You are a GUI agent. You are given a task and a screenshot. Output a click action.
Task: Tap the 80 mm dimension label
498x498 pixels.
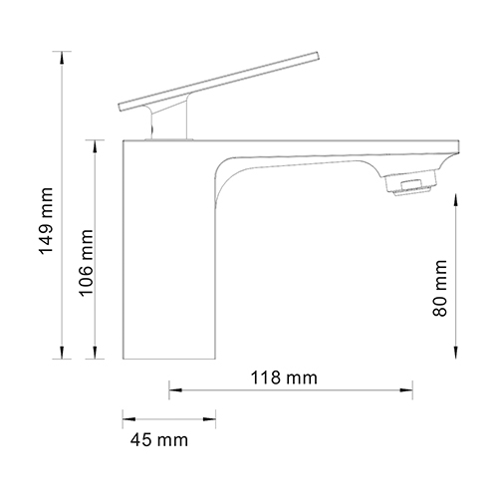[x=441, y=288]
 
